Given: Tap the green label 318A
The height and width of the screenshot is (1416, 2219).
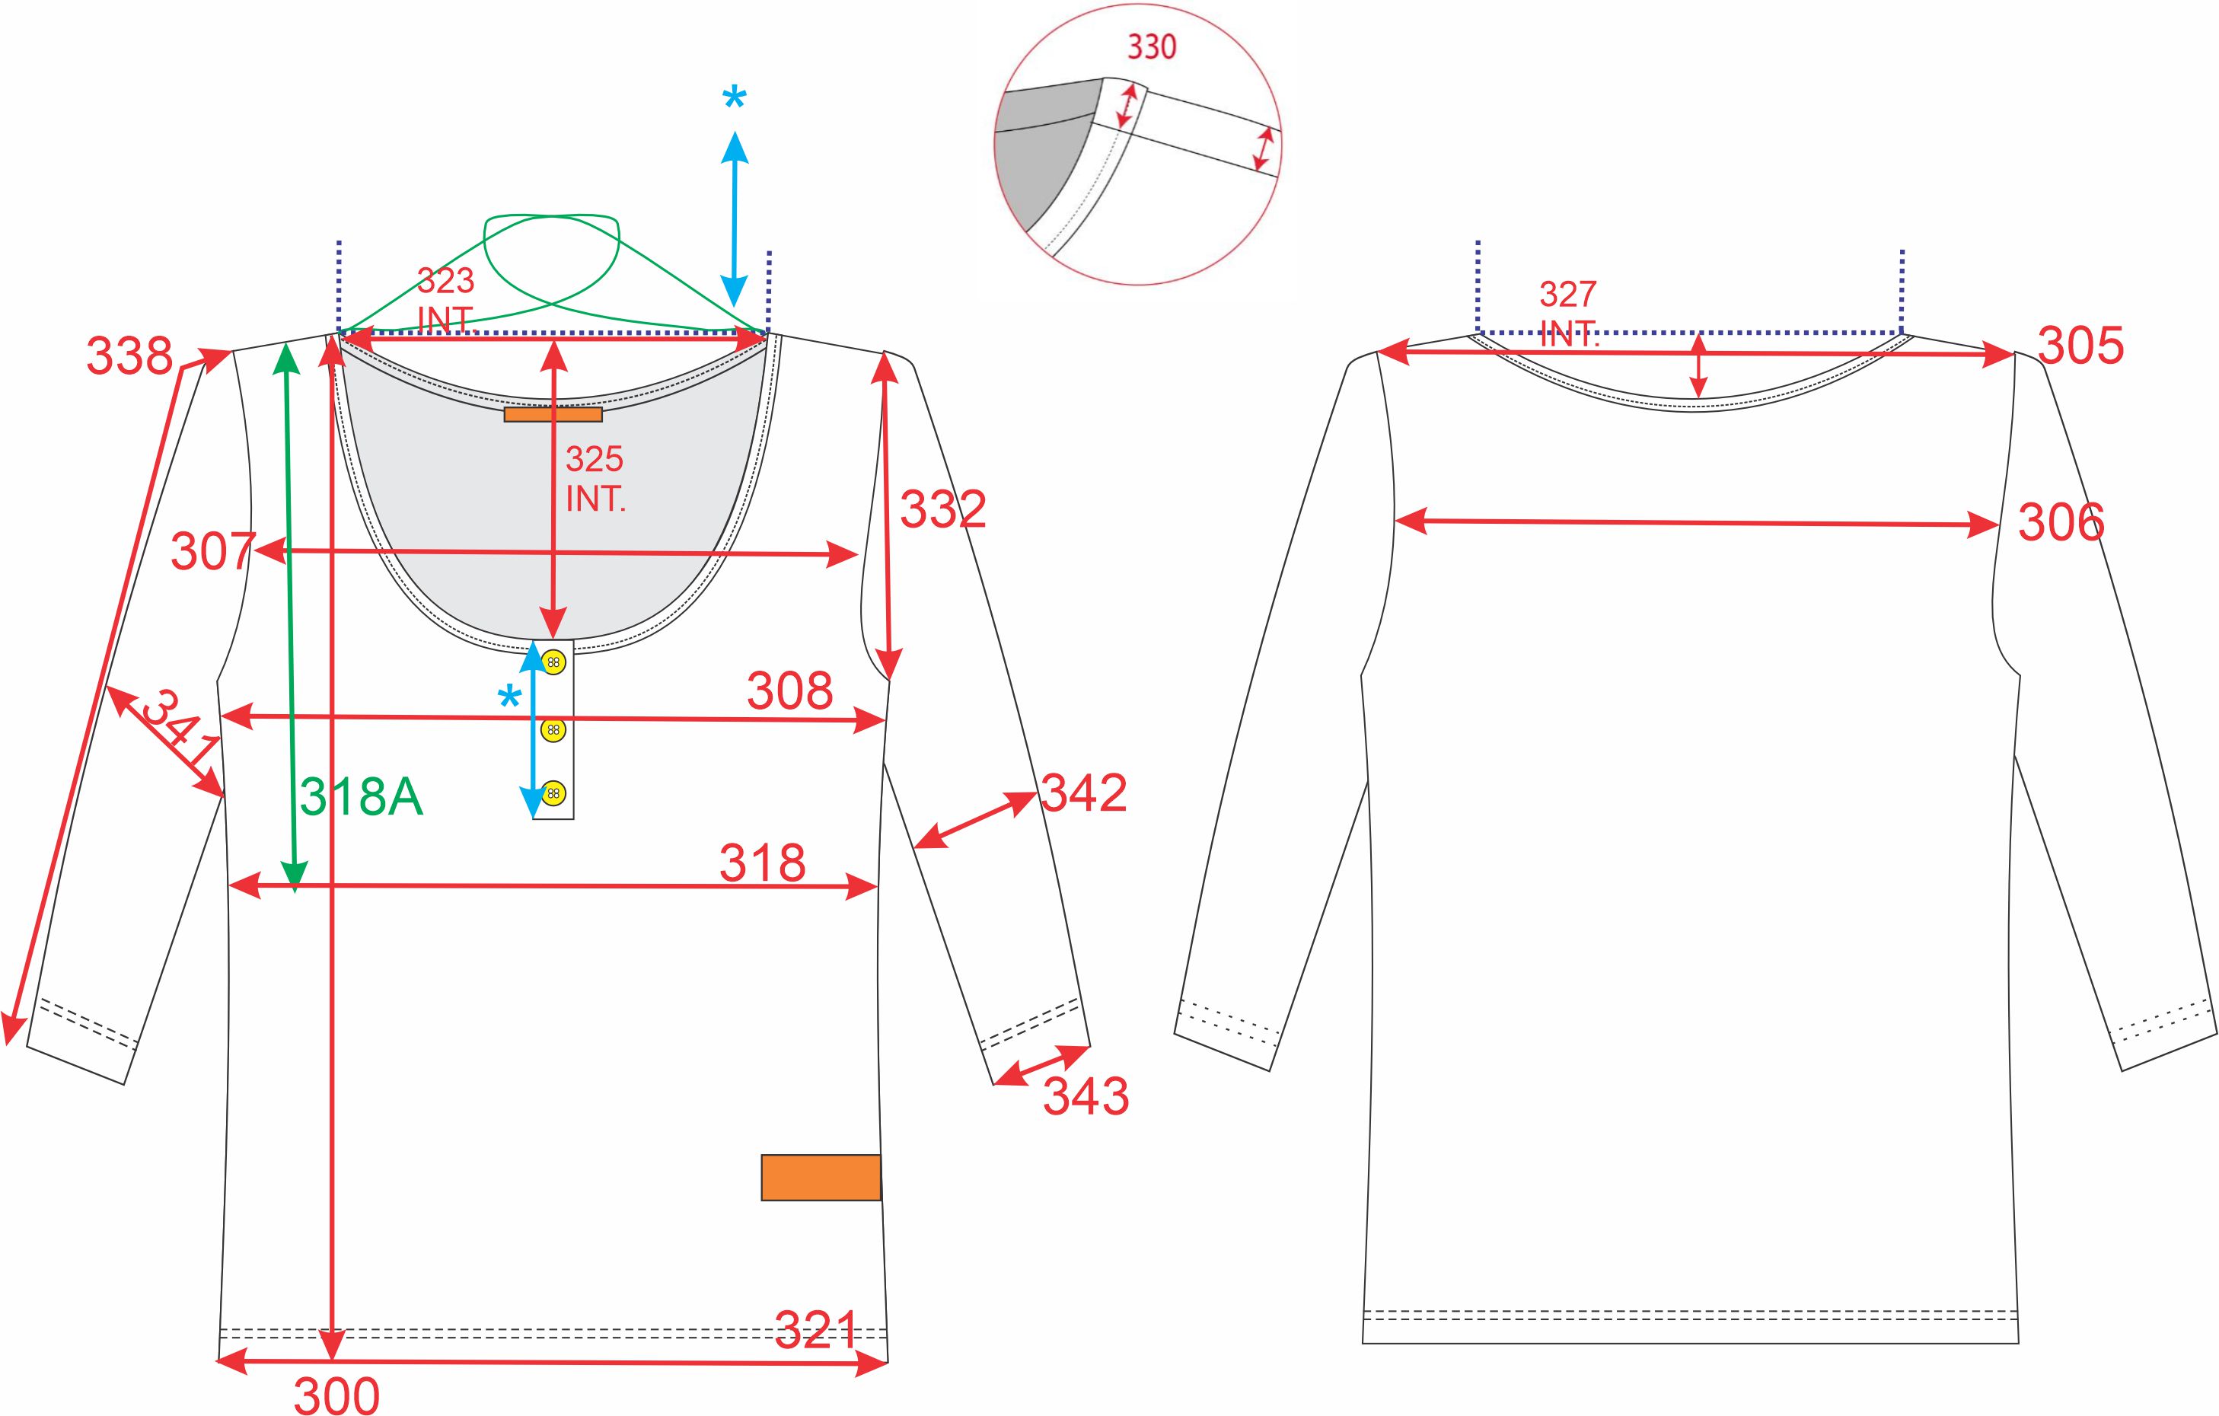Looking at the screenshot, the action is pos(362,796).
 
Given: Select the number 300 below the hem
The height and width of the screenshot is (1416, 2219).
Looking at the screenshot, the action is pos(336,1395).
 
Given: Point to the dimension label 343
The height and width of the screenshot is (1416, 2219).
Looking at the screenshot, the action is pos(1086,1096).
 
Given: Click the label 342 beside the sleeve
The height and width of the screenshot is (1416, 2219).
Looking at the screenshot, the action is pos(1084,793).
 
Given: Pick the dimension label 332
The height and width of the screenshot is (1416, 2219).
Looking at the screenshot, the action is pos(942,509).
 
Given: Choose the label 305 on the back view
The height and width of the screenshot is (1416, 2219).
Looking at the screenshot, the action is pos(2080,346).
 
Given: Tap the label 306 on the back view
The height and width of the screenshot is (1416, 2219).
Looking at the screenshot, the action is pos(2061,523).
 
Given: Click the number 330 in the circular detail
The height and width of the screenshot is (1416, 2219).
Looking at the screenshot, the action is pos(1152,47).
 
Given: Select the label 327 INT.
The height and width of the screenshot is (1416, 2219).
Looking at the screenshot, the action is pos(1568,314).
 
